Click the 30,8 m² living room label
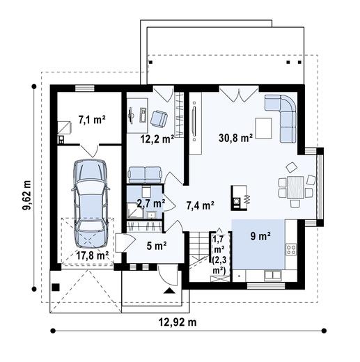click(235, 139)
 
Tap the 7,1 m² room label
click(92, 120)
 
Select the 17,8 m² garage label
click(93, 255)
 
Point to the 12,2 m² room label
click(157, 139)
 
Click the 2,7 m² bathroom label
click(151, 203)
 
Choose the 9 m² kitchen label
click(260, 236)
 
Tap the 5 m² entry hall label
click(157, 246)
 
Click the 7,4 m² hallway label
click(201, 205)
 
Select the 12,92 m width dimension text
click(178, 322)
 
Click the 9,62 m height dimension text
click(26, 195)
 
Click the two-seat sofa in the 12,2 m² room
click(145, 175)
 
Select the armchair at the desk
click(159, 118)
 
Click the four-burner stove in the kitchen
click(291, 249)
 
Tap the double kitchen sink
click(273, 276)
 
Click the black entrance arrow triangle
click(169, 291)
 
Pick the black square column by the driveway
click(56, 288)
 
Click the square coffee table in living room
click(263, 128)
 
